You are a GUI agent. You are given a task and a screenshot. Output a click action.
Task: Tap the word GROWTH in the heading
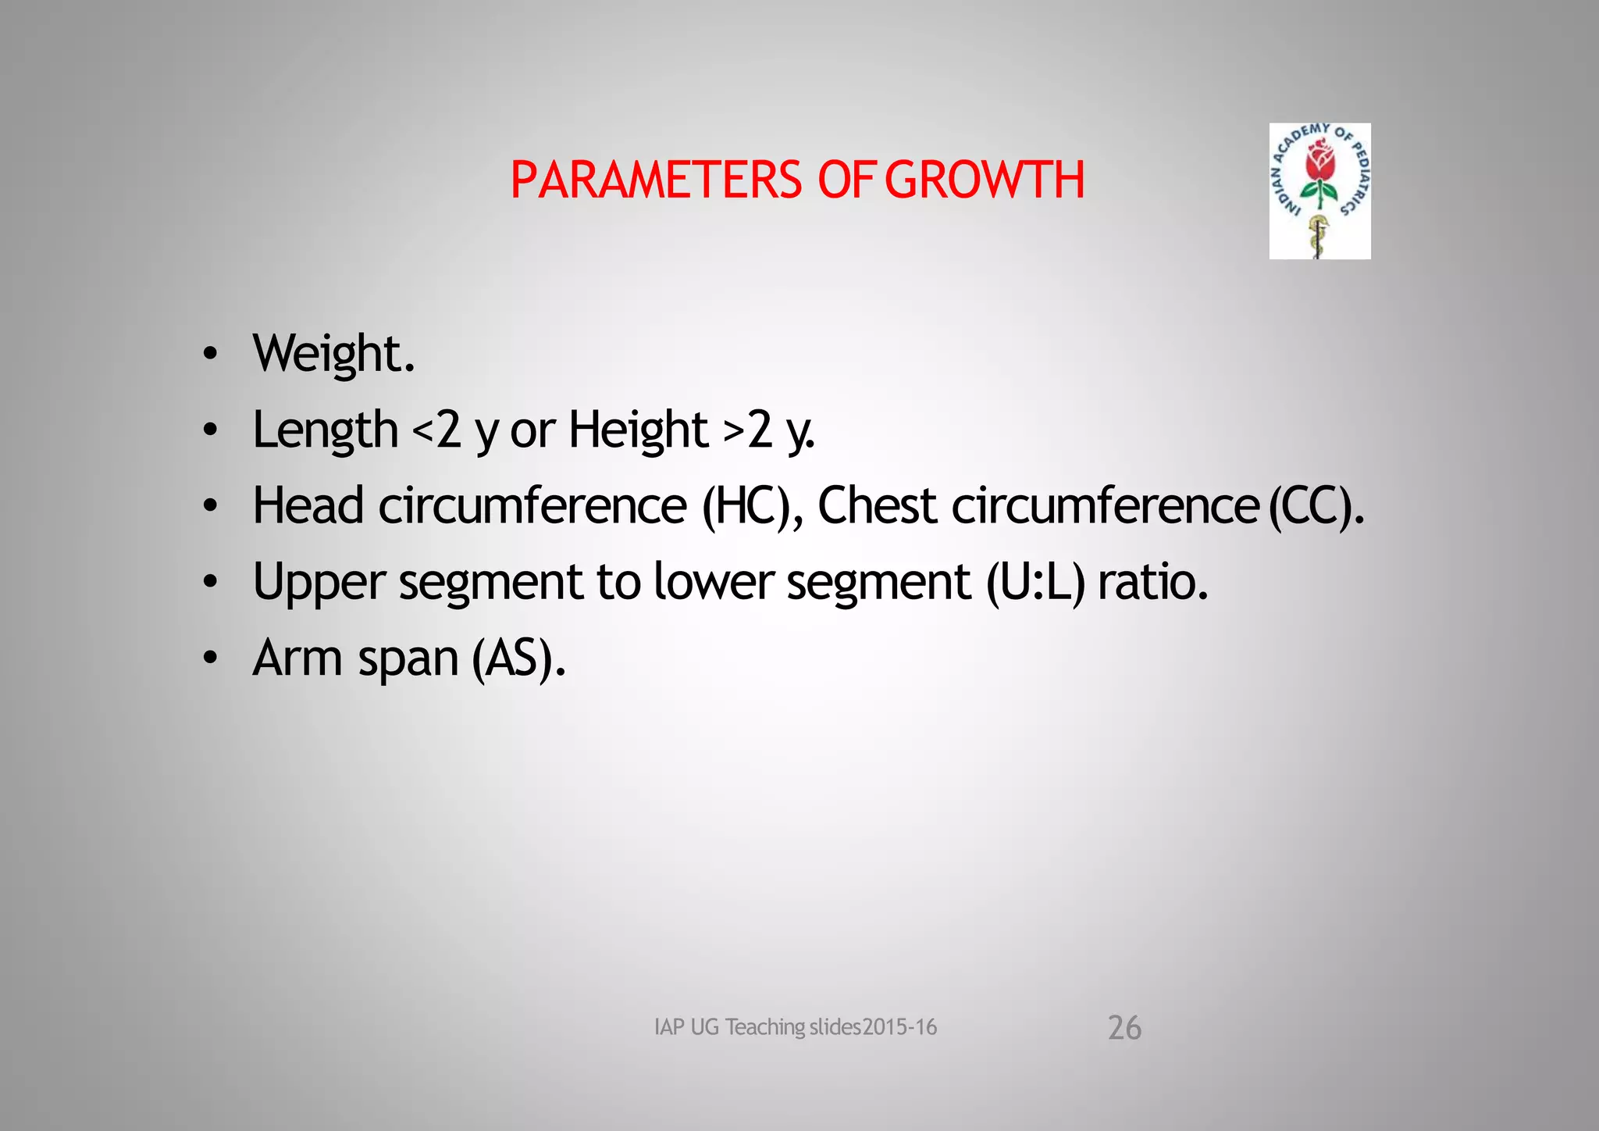(985, 180)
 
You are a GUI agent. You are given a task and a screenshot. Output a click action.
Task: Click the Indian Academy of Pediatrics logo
(1319, 191)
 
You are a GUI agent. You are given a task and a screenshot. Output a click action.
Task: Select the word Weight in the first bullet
(327, 354)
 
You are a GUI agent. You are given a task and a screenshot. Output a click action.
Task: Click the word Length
(326, 430)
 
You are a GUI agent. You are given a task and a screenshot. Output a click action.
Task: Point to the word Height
(638, 430)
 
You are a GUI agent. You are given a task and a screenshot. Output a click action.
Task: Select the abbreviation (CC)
(1315, 505)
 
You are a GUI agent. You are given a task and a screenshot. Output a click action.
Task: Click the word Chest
(877, 505)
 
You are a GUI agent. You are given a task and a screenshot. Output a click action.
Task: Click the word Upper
(319, 583)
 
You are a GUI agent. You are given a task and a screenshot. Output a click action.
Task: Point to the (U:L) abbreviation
(1035, 583)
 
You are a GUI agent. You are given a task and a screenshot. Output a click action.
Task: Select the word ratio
(1152, 582)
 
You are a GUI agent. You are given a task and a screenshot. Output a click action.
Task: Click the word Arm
(297, 658)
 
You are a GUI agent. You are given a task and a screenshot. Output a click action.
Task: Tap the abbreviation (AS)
(518, 658)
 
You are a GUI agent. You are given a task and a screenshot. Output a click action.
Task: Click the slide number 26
(1124, 1028)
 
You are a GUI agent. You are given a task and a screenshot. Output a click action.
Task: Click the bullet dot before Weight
(209, 355)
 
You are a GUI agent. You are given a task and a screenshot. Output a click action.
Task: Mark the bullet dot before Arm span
(209, 658)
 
